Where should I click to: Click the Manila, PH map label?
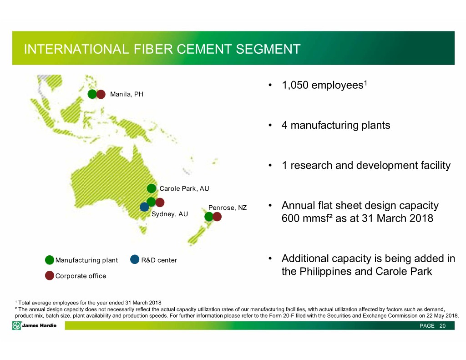pos(127,94)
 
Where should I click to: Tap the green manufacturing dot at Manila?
pos(92,94)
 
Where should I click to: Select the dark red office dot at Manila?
pos(101,94)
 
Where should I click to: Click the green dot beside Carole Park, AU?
pos(152,188)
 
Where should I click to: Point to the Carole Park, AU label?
pos(184,188)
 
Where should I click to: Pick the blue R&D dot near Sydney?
pos(144,207)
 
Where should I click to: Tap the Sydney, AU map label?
pos(170,214)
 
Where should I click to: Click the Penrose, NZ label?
pos(228,208)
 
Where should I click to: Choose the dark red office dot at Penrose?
pos(217,217)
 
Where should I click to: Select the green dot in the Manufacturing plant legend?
pos(50,260)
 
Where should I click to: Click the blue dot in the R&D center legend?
pos(135,259)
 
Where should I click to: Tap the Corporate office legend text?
pos(81,276)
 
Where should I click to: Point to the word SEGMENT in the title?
pos(268,49)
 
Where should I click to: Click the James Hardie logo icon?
pos(17,325)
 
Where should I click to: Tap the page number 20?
pos(442,326)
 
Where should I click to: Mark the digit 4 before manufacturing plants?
pos(284,126)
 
